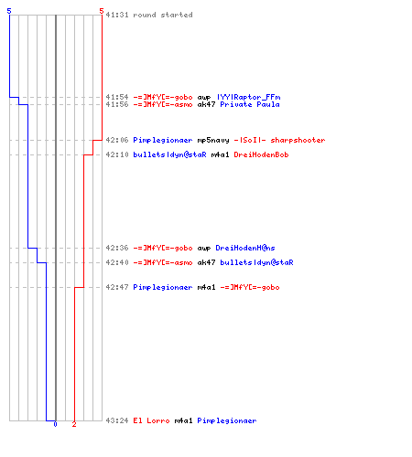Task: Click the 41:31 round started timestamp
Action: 117,15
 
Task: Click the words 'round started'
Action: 163,15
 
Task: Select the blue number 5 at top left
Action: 9,11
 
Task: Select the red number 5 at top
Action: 102,11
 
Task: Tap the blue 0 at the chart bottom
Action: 55,424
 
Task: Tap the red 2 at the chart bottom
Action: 74,424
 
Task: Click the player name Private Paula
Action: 250,104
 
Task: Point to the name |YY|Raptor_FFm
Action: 249,97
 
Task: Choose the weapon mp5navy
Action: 213,141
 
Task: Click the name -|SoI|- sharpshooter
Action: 279,140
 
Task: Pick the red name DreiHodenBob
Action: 261,154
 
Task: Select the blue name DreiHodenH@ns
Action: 245,248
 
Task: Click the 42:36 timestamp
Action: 117,248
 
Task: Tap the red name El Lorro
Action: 151,420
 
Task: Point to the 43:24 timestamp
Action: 117,420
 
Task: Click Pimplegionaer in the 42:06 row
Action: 163,140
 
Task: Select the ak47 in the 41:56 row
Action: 207,104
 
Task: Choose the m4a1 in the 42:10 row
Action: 220,154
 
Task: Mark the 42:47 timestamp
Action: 117,287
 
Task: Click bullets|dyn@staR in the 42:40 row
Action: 256,262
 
